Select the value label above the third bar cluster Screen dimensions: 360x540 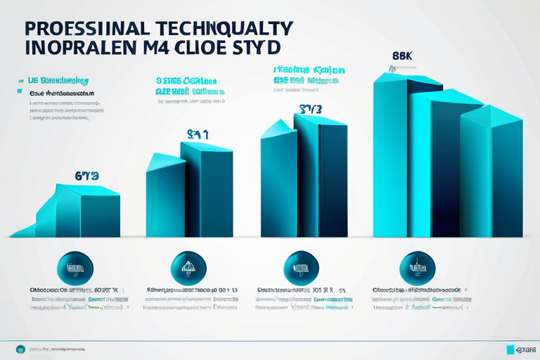pos(310,109)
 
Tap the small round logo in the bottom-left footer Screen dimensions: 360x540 pos(20,349)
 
